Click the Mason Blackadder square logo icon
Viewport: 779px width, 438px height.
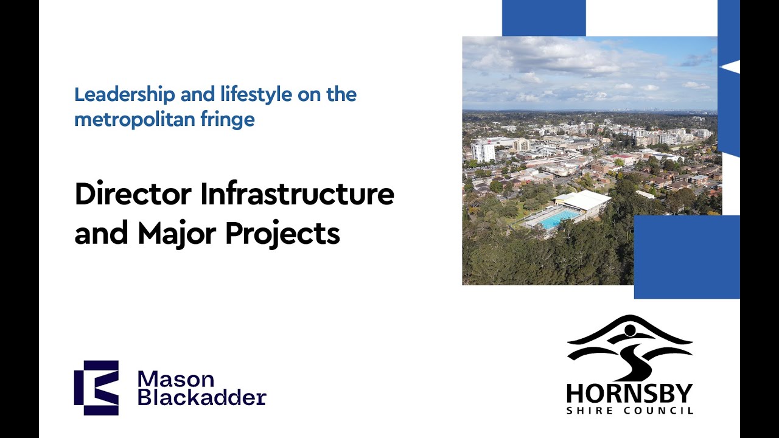[x=96, y=388]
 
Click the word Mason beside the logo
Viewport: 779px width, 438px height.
[x=176, y=379]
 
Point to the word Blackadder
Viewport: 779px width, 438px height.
[x=201, y=398]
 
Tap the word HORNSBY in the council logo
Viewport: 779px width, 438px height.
[x=629, y=394]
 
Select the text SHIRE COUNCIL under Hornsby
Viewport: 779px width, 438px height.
[x=629, y=411]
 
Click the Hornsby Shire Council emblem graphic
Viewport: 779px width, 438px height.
[x=629, y=347]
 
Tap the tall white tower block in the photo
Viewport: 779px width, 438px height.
[x=483, y=151]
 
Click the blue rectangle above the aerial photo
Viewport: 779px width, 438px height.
[x=543, y=18]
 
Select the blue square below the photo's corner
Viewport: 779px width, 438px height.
[x=686, y=257]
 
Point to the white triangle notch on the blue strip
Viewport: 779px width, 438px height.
[x=733, y=67]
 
